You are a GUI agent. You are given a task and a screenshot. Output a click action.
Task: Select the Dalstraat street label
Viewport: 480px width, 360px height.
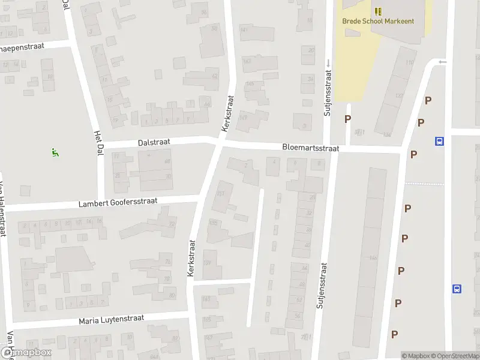click(154, 142)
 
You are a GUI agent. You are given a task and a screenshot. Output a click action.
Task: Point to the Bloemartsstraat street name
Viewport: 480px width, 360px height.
click(311, 148)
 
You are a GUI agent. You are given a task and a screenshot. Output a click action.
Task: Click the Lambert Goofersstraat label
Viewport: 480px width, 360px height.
click(118, 203)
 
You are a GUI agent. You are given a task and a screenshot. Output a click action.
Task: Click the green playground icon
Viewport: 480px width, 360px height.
click(55, 152)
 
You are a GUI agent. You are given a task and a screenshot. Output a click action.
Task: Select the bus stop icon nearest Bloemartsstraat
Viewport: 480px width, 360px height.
click(439, 142)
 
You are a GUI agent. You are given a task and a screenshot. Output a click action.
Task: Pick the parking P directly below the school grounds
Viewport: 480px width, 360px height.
click(347, 119)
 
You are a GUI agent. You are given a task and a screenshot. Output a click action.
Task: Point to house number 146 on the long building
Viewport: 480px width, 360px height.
click(373, 258)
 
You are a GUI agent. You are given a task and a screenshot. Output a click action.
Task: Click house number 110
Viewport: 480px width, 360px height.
click(409, 63)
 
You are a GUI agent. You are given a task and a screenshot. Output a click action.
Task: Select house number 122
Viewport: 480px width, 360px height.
click(400, 95)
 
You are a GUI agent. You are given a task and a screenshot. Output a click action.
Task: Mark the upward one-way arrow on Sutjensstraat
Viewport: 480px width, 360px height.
click(328, 62)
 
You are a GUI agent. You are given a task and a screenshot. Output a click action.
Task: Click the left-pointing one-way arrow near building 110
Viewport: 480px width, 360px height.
click(443, 62)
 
